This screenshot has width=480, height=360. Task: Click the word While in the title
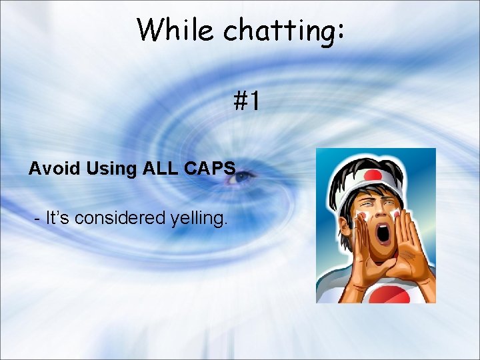177,30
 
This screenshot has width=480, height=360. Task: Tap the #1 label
246,102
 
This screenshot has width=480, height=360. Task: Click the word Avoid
55,169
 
